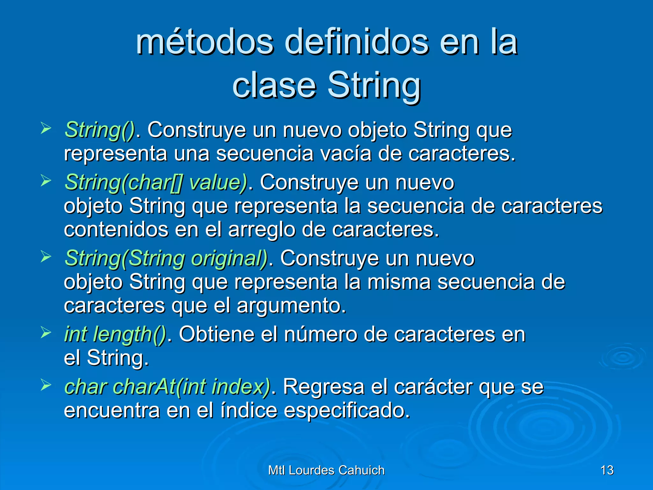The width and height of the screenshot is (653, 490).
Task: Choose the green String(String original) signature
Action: click(166, 258)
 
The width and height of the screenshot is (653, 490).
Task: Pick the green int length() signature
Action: click(115, 335)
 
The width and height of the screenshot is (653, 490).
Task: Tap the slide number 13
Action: click(607, 470)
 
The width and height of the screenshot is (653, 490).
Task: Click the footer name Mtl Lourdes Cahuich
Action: click(326, 470)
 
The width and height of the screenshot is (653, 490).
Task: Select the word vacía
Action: click(346, 154)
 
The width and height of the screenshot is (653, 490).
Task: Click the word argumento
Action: click(291, 306)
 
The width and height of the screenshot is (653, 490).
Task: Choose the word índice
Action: click(249, 411)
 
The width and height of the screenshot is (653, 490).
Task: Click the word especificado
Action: click(347, 411)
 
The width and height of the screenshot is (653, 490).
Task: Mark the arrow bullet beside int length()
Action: click(46, 333)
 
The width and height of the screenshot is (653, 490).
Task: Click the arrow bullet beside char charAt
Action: click(46, 385)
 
